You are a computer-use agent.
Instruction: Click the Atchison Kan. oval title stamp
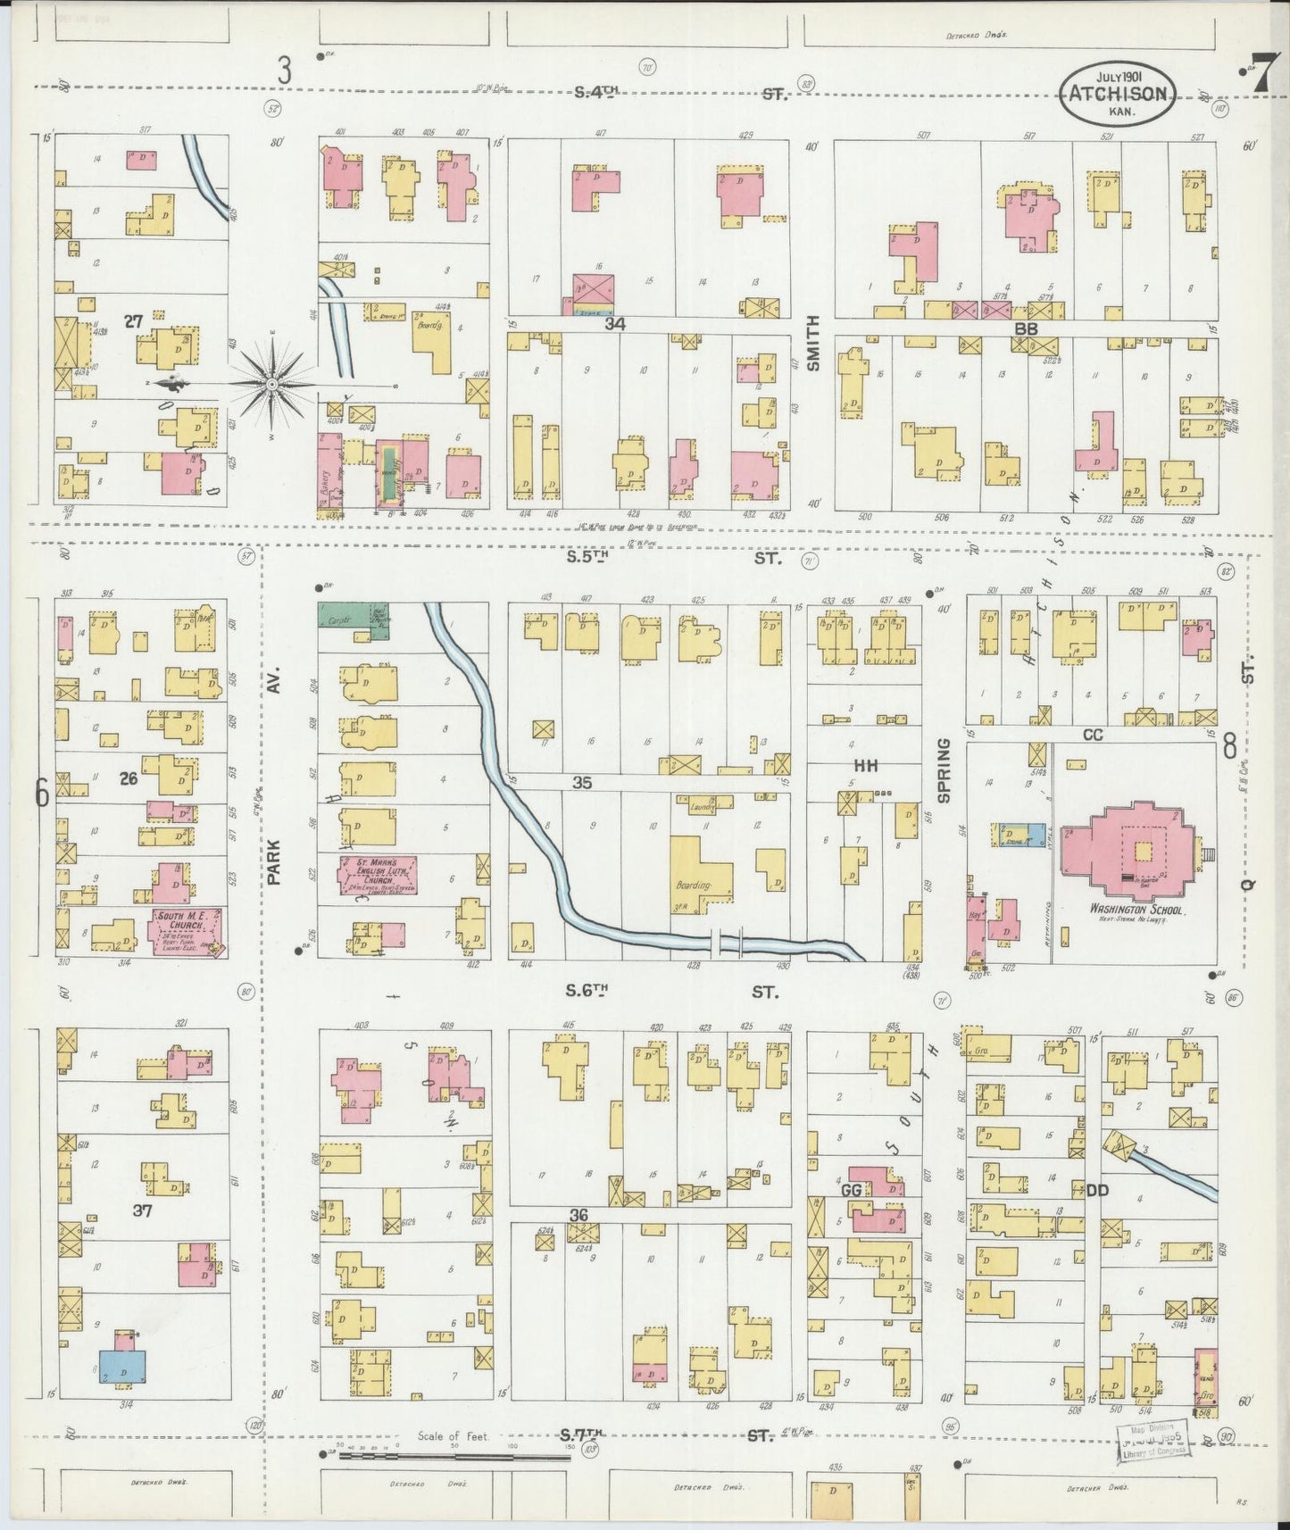point(1118,95)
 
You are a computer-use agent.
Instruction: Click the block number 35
point(582,783)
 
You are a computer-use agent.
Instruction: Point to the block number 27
point(133,321)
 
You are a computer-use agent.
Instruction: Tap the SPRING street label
point(944,768)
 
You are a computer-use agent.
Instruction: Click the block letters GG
point(850,1191)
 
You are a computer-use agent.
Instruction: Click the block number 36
point(578,1214)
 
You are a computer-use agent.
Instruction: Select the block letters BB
point(1024,328)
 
